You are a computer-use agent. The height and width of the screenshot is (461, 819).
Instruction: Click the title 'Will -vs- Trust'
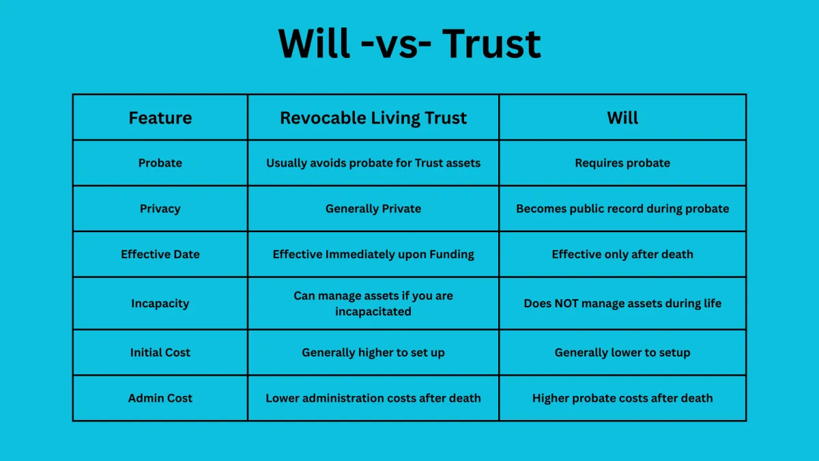(x=409, y=44)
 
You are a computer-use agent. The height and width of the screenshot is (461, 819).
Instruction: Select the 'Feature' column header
(x=160, y=117)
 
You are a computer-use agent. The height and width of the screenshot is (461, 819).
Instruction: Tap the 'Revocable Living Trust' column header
(x=373, y=117)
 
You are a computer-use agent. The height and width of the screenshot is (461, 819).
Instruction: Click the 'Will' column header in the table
(x=622, y=117)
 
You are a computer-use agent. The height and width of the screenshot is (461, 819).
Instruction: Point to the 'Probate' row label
(x=160, y=163)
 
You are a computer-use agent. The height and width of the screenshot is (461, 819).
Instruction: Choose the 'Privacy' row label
(x=160, y=208)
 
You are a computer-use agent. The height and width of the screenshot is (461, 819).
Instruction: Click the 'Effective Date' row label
(x=160, y=254)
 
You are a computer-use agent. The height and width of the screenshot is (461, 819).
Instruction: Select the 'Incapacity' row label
(x=160, y=303)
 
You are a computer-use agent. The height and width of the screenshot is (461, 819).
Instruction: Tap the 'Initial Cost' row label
(x=160, y=352)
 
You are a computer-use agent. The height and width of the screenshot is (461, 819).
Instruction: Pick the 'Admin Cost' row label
(x=160, y=398)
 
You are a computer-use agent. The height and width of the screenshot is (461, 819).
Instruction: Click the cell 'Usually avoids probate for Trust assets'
(x=373, y=163)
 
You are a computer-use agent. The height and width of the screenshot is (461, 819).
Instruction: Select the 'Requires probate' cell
(x=622, y=163)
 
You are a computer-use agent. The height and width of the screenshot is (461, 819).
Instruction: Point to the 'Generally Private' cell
(x=373, y=208)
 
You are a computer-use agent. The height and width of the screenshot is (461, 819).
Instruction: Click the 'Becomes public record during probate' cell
(x=622, y=208)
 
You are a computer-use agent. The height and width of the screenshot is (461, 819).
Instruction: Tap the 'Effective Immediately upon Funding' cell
(x=373, y=254)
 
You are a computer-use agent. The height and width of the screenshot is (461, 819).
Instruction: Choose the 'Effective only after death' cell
(x=622, y=254)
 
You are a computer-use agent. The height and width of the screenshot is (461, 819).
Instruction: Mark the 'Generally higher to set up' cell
(x=373, y=352)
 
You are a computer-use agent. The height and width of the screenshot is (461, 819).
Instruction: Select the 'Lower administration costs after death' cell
(x=373, y=398)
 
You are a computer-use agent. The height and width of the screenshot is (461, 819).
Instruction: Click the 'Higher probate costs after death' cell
(x=622, y=398)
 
